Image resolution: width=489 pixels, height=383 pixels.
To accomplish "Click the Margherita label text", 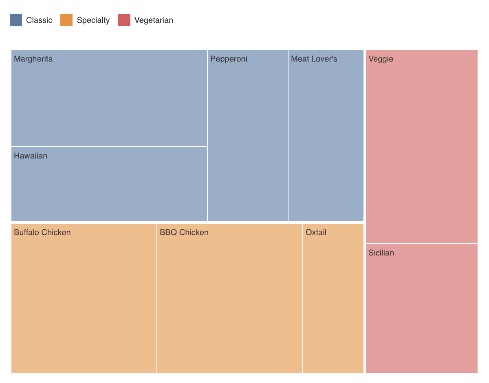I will [x=33, y=59].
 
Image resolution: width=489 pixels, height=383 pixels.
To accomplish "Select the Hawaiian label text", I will [x=31, y=156].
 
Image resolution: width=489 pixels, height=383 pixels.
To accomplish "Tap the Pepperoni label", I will [x=229, y=59].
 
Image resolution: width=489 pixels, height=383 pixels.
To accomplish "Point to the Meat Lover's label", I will [x=314, y=59].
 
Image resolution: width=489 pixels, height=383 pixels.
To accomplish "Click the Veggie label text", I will [x=381, y=59].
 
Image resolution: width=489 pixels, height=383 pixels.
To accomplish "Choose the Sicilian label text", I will [x=381, y=253].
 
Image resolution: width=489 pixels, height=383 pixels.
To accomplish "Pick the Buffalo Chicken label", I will [x=42, y=233].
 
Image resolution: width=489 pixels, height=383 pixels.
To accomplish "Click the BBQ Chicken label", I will [x=184, y=233].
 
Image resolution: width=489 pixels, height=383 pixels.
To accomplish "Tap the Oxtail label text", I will [x=316, y=233].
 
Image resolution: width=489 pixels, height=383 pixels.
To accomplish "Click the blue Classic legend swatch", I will [x=16, y=20].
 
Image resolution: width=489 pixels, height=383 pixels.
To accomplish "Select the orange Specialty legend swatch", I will [x=66, y=20].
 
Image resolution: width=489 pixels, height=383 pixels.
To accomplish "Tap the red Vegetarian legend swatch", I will [x=124, y=20].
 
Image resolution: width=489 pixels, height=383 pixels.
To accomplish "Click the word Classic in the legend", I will [x=39, y=20].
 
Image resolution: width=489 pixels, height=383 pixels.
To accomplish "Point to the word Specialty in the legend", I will [x=93, y=20].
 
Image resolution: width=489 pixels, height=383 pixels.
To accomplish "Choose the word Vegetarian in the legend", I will [x=154, y=20].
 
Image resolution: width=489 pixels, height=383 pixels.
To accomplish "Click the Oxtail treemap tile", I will [x=333, y=302].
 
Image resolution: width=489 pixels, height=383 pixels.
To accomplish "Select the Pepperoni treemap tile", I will [x=248, y=139].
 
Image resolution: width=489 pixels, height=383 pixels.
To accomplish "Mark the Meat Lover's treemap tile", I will [x=326, y=139].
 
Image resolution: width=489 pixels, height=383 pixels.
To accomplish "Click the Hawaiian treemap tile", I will [x=109, y=187].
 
